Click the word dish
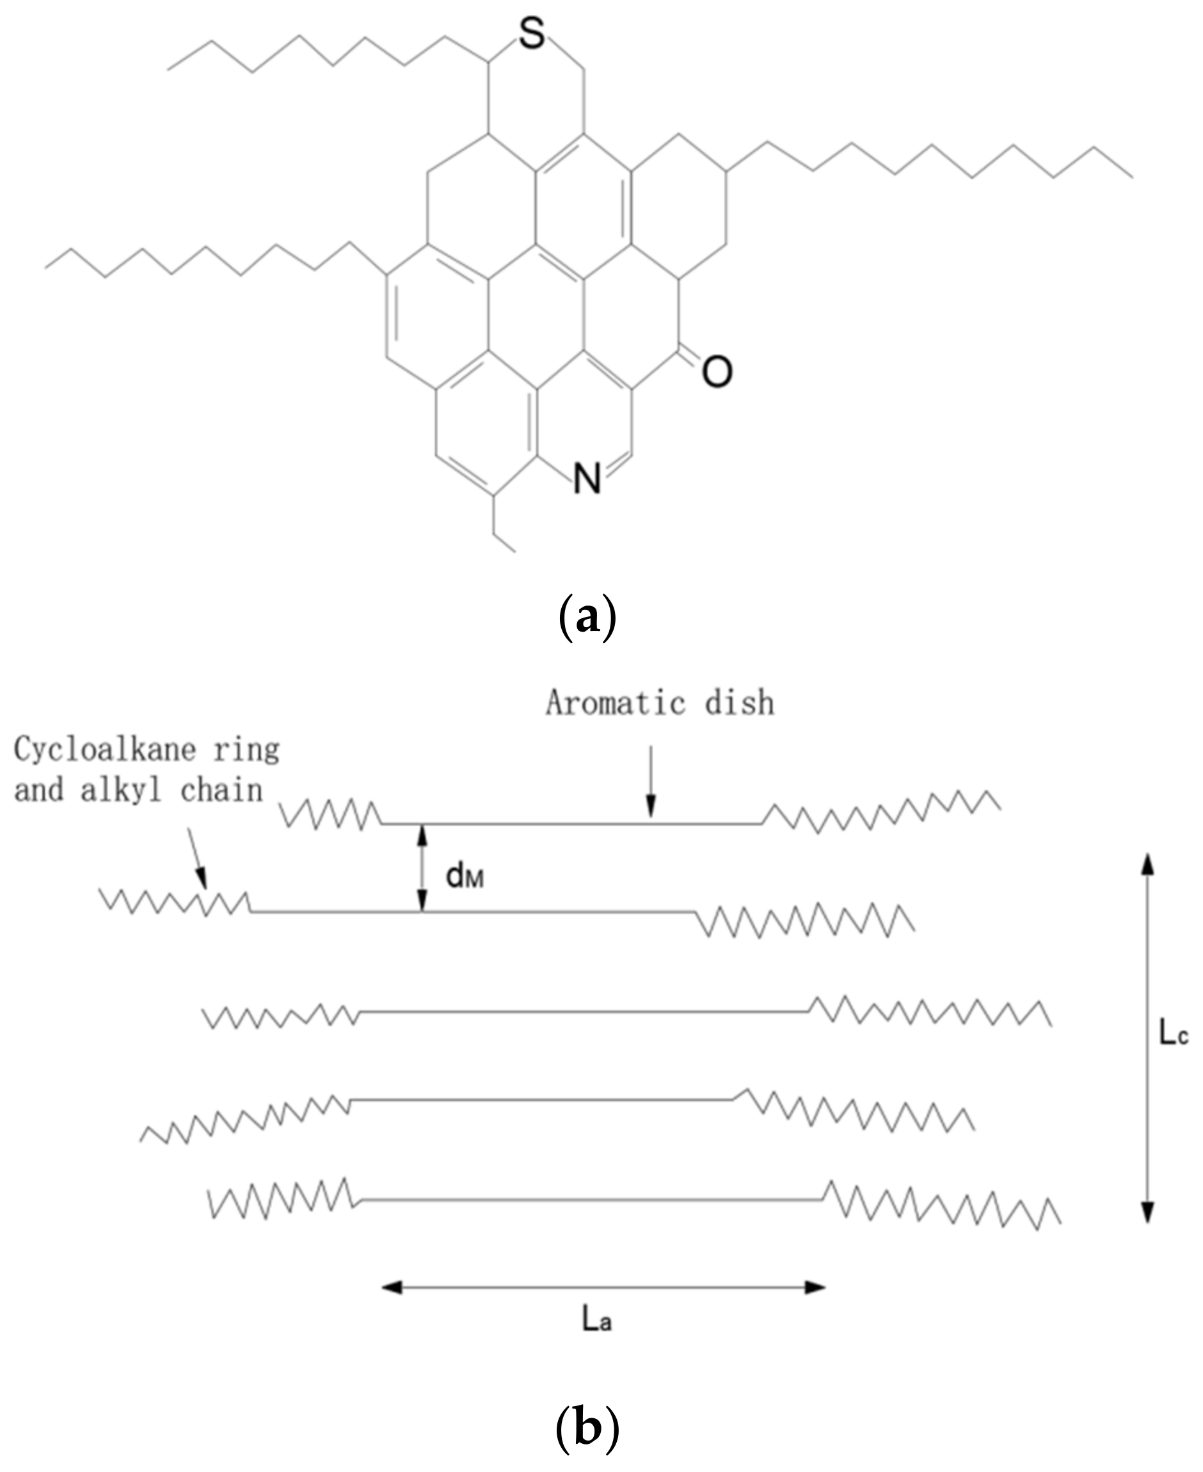point(740,703)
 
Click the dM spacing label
point(465,877)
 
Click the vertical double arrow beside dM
point(421,868)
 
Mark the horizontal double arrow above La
point(603,1287)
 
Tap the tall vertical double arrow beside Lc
point(1147,1037)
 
